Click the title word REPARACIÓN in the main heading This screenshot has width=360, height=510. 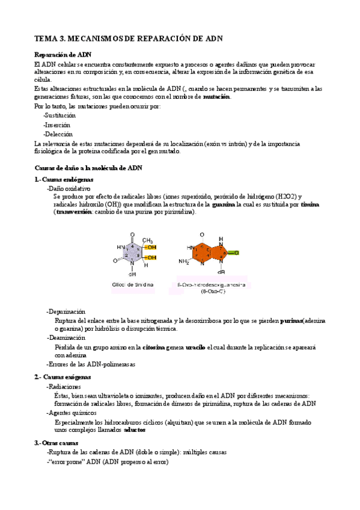[x=164, y=38]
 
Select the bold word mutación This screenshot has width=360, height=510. [x=216, y=97]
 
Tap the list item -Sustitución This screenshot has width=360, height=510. [x=59, y=115]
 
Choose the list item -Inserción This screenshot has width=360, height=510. [x=58, y=124]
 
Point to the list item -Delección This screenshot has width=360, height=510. [x=58, y=134]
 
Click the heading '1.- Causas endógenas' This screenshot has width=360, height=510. [x=64, y=179]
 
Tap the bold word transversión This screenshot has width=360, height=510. [x=75, y=212]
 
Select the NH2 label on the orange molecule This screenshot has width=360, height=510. [x=185, y=262]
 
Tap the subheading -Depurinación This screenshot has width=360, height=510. [x=66, y=312]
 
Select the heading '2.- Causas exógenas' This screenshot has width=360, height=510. [x=63, y=376]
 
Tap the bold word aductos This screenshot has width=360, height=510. [x=135, y=430]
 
